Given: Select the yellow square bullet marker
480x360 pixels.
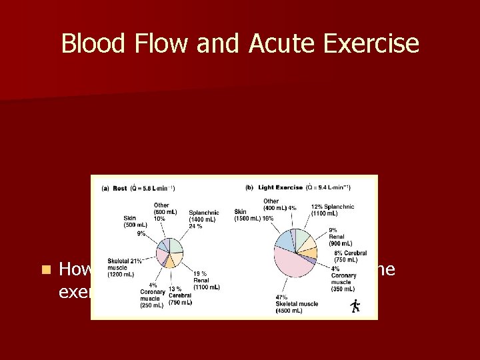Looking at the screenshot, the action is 45,270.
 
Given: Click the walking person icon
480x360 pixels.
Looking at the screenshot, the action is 355,305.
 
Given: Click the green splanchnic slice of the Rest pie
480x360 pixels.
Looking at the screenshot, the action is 176,245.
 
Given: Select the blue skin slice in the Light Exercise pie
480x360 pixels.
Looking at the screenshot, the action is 284,239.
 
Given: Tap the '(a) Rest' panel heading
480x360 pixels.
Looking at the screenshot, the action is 114,188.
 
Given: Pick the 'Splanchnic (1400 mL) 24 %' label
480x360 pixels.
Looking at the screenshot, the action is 203,219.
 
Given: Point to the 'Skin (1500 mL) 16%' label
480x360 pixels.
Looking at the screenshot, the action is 254,215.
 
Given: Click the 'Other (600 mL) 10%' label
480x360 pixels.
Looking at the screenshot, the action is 161,211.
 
